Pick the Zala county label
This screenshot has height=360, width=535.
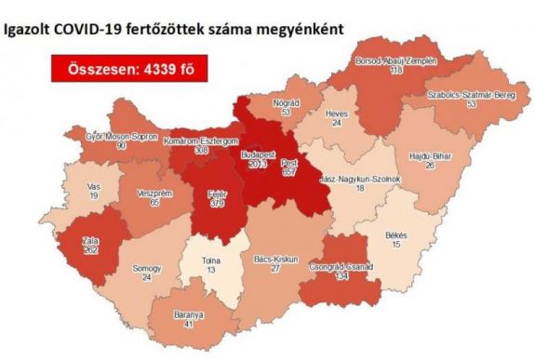coord(90,239)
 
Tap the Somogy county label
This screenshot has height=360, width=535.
coord(146,269)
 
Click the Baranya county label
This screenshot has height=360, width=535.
coord(190,314)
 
